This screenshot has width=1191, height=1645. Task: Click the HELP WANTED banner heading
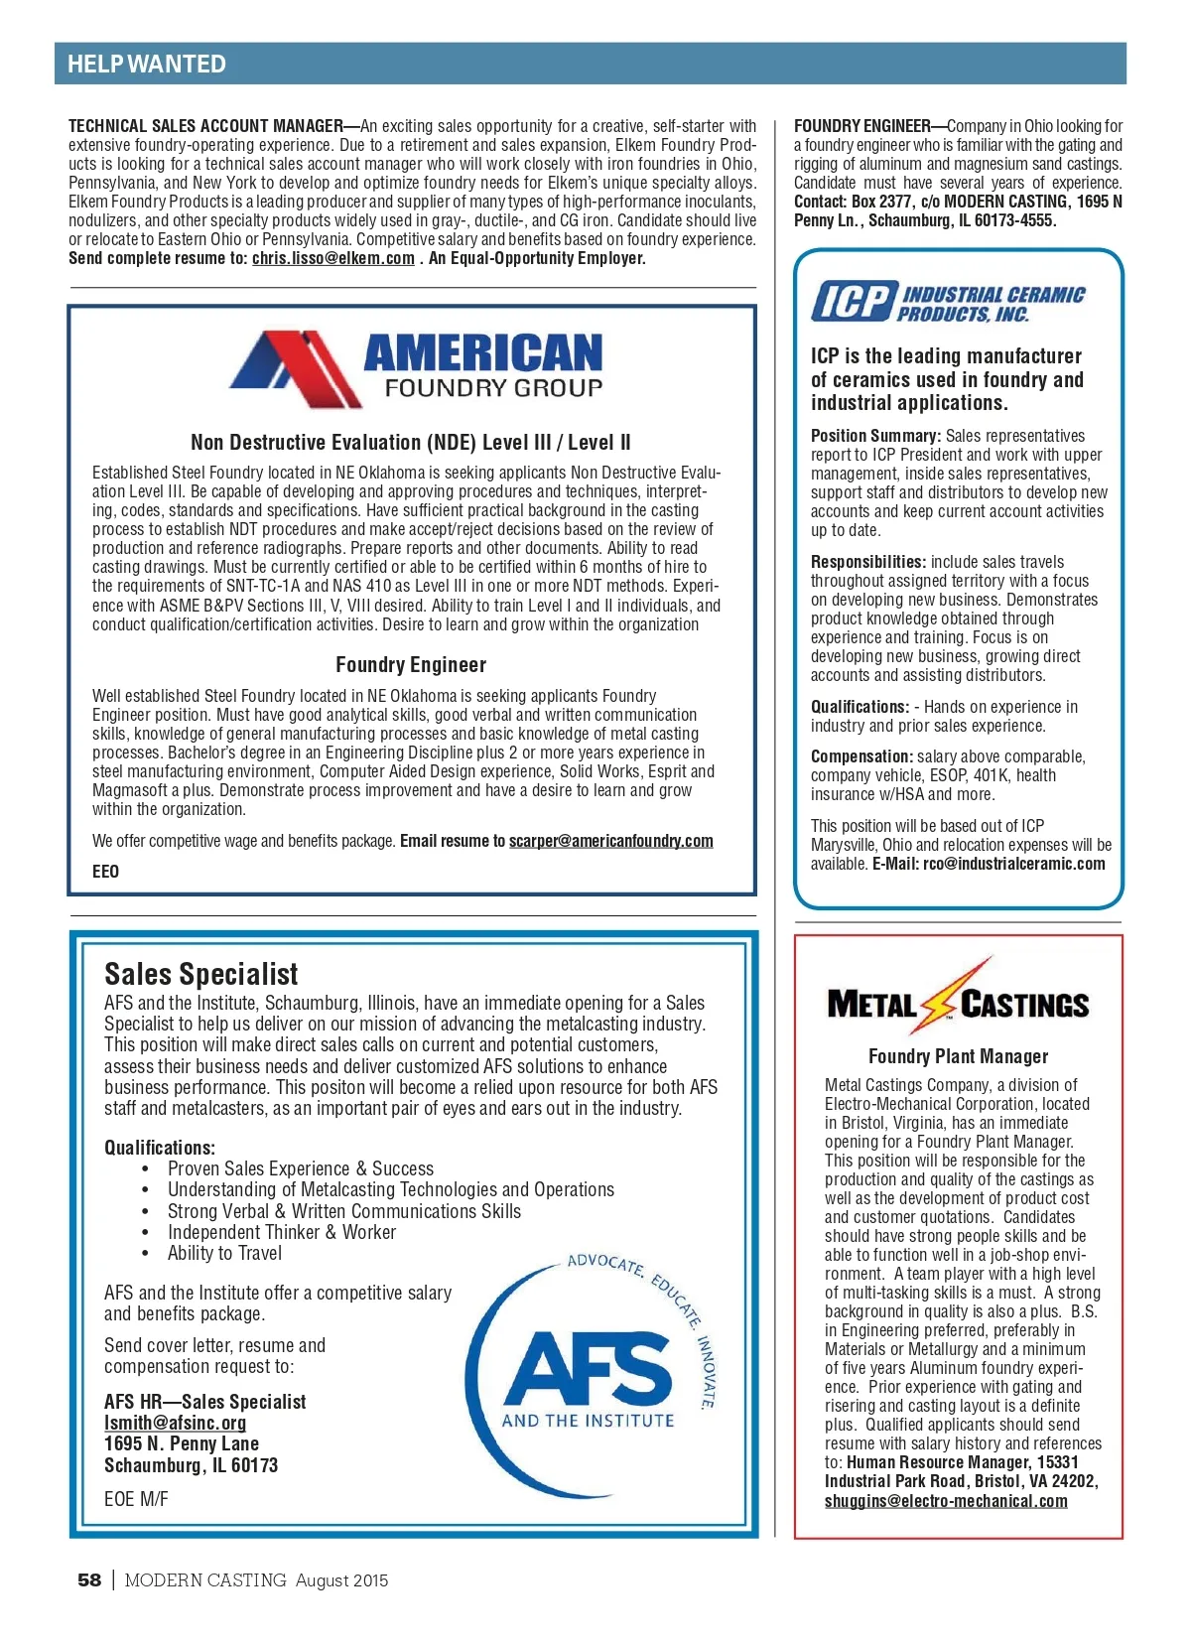pyautogui.click(x=147, y=65)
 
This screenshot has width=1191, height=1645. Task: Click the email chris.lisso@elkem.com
pyautogui.click(x=332, y=258)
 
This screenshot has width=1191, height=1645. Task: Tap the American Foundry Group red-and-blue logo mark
pyautogui.click(x=295, y=368)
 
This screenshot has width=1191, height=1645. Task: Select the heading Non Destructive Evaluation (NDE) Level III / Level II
pyautogui.click(x=410, y=443)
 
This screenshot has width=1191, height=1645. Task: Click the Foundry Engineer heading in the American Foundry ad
pyautogui.click(x=410, y=665)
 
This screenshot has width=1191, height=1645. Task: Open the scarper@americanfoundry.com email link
pyautogui.click(x=610, y=841)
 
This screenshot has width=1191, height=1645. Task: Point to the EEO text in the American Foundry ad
pyautogui.click(x=105, y=872)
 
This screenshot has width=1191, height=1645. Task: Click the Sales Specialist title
pyautogui.click(x=200, y=974)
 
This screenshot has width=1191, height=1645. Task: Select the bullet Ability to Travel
pyautogui.click(x=224, y=1254)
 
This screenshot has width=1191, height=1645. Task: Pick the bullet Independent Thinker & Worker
pyautogui.click(x=281, y=1232)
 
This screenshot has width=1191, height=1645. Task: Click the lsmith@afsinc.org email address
pyautogui.click(x=175, y=1423)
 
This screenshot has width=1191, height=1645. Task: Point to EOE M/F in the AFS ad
pyautogui.click(x=136, y=1499)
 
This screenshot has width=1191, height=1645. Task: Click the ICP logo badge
pyautogui.click(x=852, y=301)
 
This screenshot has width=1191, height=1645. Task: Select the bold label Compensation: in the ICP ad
pyautogui.click(x=860, y=756)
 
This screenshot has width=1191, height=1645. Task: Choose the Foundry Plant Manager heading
pyautogui.click(x=958, y=1056)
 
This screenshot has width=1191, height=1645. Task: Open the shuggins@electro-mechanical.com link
pyautogui.click(x=946, y=1501)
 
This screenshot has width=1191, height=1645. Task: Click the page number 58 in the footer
pyautogui.click(x=89, y=1580)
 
